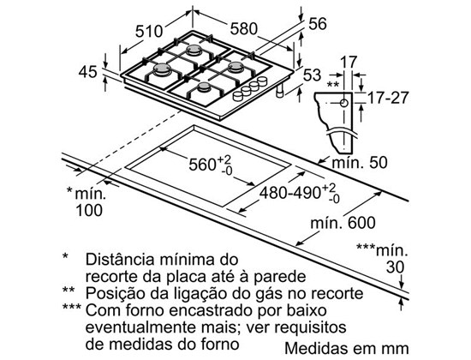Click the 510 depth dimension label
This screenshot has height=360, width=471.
click(149, 31)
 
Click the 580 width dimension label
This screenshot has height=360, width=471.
click(244, 29)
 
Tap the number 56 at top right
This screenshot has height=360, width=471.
click(318, 24)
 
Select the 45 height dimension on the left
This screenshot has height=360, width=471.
click(87, 72)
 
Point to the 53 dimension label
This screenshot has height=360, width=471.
click(313, 75)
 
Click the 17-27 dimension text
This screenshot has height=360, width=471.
click(388, 98)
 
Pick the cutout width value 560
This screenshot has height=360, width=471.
click(202, 165)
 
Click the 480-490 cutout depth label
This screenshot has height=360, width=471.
click(290, 193)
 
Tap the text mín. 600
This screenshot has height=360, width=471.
click(343, 223)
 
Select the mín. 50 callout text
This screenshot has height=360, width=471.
click(360, 163)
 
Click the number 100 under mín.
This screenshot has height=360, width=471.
click(89, 210)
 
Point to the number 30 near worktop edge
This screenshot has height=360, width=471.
click(396, 267)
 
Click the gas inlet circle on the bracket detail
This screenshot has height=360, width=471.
click(344, 103)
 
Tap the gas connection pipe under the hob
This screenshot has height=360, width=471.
click(280, 90)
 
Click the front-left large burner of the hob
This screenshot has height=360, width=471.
click(162, 69)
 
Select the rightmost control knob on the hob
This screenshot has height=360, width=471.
click(262, 81)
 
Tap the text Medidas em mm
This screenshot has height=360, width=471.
click(347, 349)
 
